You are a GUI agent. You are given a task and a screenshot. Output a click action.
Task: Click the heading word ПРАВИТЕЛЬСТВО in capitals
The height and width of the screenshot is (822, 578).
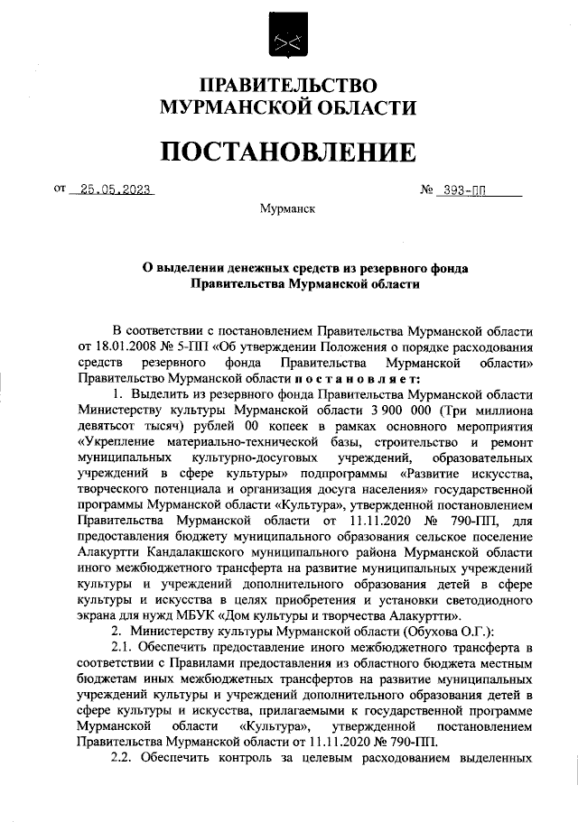pyautogui.click(x=288, y=87)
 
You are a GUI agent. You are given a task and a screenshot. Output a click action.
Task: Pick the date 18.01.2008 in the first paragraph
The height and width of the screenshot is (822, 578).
pyautogui.click(x=120, y=348)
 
